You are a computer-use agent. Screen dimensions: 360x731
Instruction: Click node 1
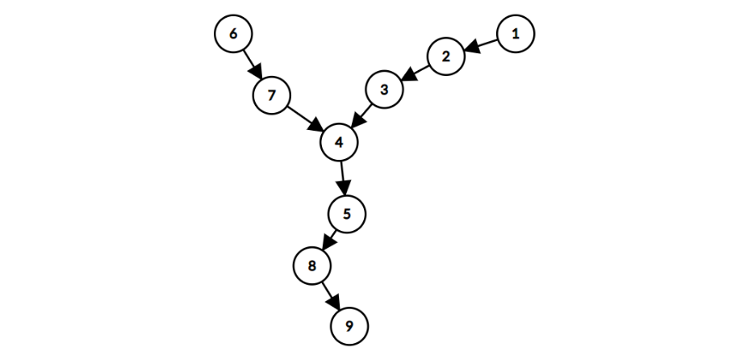[516, 34]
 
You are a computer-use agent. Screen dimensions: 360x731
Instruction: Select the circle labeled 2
[446, 57]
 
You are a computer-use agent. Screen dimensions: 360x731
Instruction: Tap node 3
[384, 90]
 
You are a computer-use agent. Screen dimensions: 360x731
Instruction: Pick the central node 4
[339, 142]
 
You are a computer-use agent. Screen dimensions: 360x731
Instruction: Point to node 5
[347, 214]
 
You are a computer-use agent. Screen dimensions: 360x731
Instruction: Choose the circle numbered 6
[233, 34]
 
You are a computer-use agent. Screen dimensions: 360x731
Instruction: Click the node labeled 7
[272, 95]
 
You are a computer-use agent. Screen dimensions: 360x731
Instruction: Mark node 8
[311, 265]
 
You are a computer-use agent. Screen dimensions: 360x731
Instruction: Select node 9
[349, 326]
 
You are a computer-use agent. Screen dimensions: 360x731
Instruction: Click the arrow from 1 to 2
[482, 45]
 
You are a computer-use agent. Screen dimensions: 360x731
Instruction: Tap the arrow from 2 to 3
[416, 73]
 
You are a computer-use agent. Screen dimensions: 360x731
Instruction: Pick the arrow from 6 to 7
[252, 64]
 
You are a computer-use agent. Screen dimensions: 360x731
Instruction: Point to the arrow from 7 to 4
[306, 119]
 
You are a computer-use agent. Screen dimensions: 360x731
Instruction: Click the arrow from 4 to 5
[343, 178]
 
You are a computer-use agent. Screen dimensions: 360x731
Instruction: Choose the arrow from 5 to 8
[329, 239]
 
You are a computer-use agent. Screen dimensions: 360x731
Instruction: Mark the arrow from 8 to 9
[330, 295]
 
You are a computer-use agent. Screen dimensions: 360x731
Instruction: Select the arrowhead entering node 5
[345, 189]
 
